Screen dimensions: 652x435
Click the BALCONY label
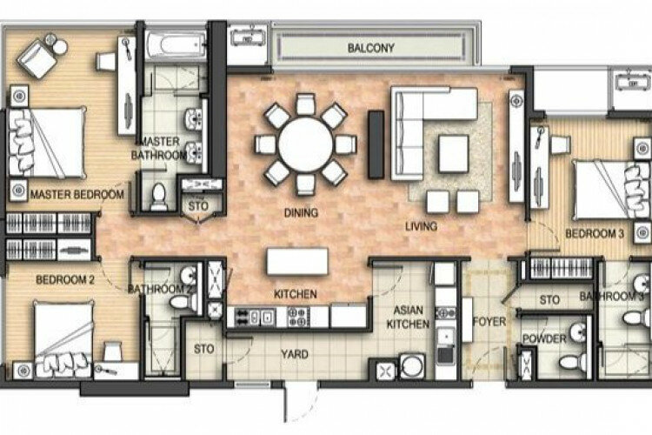pyautogui.click(x=370, y=48)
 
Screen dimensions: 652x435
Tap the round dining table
pyautogui.click(x=306, y=144)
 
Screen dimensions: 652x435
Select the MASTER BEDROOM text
pyautogui.click(x=77, y=194)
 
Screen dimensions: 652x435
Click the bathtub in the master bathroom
pyautogui.click(x=176, y=45)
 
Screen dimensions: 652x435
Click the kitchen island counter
pyautogui.click(x=297, y=261)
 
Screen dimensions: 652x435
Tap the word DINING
pyautogui.click(x=301, y=212)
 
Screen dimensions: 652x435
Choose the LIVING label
pyautogui.click(x=422, y=226)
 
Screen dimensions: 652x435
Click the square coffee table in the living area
pyautogui.click(x=454, y=154)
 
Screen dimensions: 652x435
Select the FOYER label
pyautogui.click(x=489, y=321)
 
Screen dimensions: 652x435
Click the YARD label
pyautogui.click(x=295, y=354)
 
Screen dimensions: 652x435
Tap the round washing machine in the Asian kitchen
pyautogui.click(x=412, y=366)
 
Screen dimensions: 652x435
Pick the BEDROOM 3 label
pyautogui.click(x=595, y=233)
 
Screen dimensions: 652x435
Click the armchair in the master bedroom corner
pyautogui.click(x=37, y=58)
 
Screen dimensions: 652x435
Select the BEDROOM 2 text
pyautogui.click(x=65, y=280)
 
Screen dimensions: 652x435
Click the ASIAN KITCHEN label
pyautogui.click(x=408, y=317)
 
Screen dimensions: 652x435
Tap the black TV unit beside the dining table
pyautogui.click(x=376, y=144)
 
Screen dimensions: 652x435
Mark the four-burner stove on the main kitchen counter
pyautogui.click(x=298, y=317)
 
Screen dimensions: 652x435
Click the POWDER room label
pyautogui.click(x=544, y=338)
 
